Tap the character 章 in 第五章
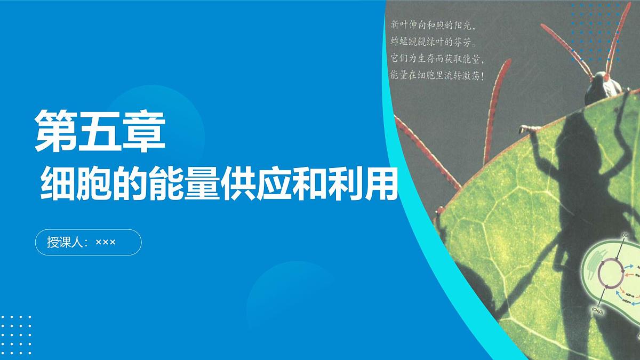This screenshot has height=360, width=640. [x=145, y=131]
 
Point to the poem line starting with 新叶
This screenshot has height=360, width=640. [x=433, y=25]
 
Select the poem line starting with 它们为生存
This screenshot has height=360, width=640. [x=437, y=59]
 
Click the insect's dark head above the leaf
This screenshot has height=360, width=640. [x=597, y=91]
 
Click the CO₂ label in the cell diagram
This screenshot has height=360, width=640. [x=625, y=235]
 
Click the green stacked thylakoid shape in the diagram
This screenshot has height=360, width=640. [x=591, y=267]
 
